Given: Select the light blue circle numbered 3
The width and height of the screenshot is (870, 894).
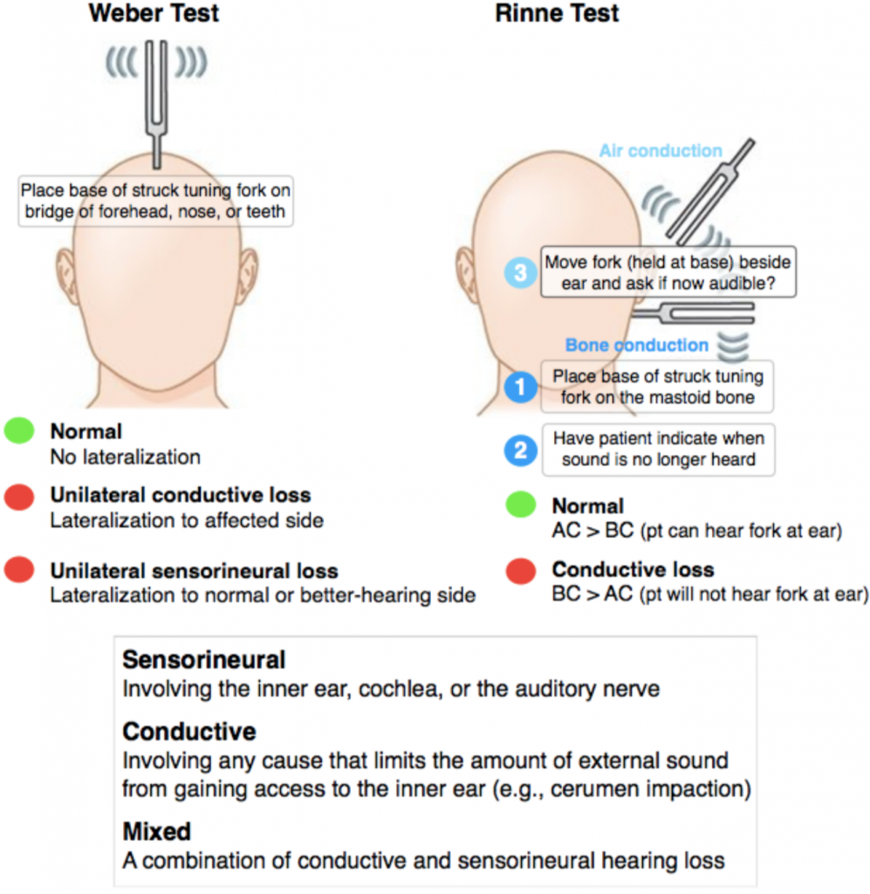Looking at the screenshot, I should point(520,272).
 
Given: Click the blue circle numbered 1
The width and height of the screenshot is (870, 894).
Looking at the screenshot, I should point(521,388).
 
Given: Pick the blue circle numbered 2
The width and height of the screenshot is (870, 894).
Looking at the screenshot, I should point(521,450).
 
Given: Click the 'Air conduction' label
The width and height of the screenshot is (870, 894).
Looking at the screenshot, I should point(661,151).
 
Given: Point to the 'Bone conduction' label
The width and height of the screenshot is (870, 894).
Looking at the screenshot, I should point(637,345).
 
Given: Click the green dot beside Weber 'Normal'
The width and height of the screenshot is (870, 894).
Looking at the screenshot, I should point(19,431).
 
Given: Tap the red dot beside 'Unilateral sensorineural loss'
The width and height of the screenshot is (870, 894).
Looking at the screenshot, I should point(19,571).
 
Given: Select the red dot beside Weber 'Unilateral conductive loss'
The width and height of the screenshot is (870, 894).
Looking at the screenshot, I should point(19,496).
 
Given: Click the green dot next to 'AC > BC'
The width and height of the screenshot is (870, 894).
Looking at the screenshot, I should point(521,506).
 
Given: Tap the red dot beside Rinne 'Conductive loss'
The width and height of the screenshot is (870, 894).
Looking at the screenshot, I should point(521,571).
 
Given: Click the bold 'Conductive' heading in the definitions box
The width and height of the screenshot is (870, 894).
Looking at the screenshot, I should point(189,731).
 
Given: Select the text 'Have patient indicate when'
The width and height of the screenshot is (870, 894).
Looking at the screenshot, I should point(659,438).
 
